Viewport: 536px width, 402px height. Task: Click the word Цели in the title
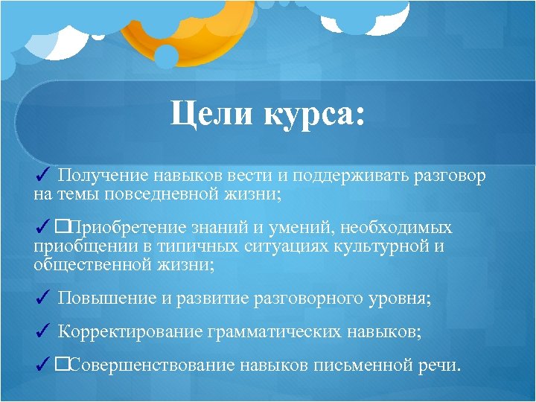(x=205, y=116)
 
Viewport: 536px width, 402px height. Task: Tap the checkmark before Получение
(x=42, y=176)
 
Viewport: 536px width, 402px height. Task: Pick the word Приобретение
(x=132, y=228)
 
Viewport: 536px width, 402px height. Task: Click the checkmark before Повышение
(x=42, y=299)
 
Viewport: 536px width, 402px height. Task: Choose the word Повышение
(x=106, y=299)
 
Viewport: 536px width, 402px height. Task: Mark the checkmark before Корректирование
(x=42, y=332)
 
